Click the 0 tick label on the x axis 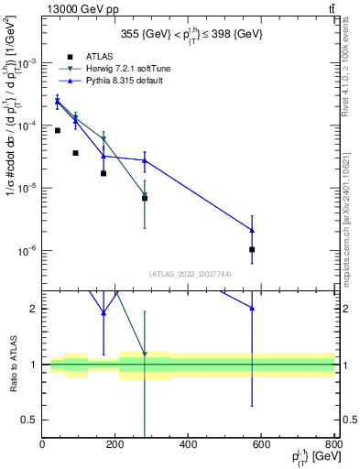tap(43, 445)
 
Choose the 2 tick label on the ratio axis tap(35, 309)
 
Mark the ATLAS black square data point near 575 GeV tap(252, 249)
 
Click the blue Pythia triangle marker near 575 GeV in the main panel tap(252, 230)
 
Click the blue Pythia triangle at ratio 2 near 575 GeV tap(252, 309)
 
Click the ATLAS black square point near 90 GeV tap(75, 153)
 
